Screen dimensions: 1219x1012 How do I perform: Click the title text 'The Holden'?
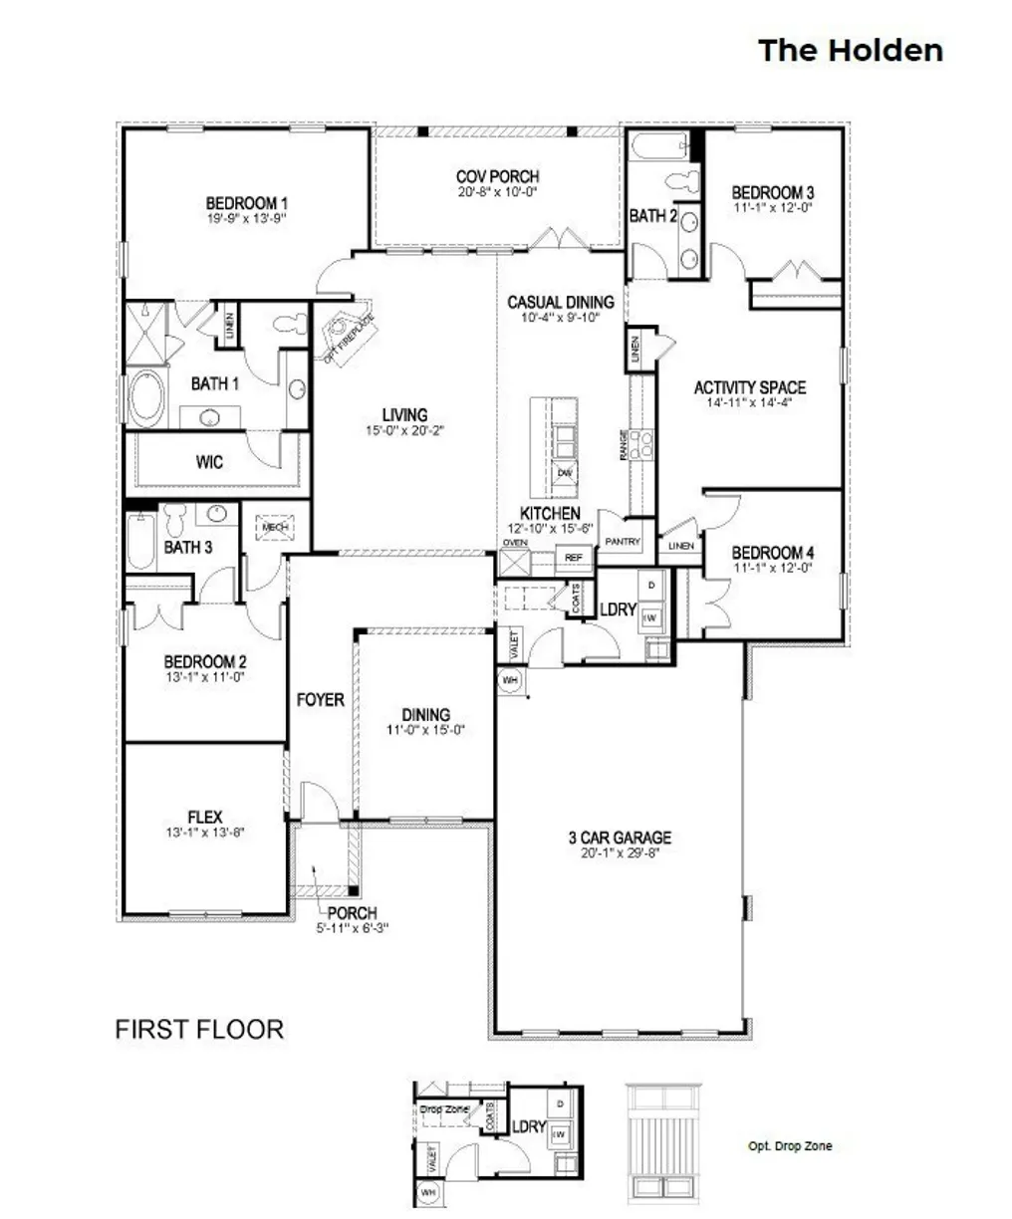tap(850, 50)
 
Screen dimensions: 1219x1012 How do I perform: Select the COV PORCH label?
tap(497, 177)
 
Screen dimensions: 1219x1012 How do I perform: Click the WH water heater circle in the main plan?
tap(510, 679)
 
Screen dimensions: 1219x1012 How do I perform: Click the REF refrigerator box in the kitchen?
tap(573, 558)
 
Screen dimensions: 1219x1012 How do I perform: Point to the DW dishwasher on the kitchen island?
tap(565, 472)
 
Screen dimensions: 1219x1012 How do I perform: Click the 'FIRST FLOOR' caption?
tap(199, 1029)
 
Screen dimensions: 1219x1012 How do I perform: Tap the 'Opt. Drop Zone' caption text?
tap(789, 1145)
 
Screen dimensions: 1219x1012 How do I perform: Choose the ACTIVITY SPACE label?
tap(750, 387)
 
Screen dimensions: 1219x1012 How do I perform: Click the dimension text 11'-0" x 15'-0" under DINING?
tap(426, 729)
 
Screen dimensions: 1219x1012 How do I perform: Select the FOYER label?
tap(320, 700)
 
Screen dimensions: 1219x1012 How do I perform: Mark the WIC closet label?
tap(209, 462)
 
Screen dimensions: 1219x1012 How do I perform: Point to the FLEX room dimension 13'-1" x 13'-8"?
tap(204, 833)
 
